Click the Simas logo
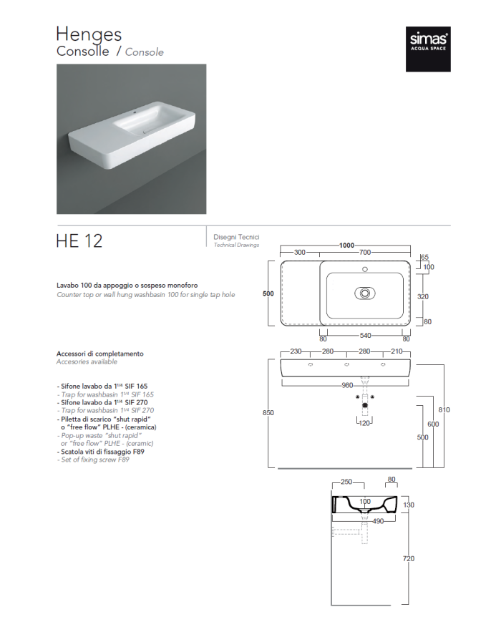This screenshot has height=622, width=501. [x=428, y=49]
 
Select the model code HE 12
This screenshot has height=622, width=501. [x=79, y=240]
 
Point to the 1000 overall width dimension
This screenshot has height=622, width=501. [x=346, y=246]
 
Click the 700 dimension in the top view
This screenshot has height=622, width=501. [x=364, y=253]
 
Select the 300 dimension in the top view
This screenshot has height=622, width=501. [x=299, y=253]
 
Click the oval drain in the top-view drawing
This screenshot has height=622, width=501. [x=365, y=293]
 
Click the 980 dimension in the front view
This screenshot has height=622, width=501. [x=347, y=385]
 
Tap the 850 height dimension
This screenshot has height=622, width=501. [x=269, y=413]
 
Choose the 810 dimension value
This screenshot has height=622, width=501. [x=444, y=409]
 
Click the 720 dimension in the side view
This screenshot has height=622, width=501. [x=409, y=558]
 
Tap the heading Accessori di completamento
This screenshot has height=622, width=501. [x=100, y=354]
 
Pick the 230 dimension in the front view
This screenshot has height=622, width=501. [x=296, y=351]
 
